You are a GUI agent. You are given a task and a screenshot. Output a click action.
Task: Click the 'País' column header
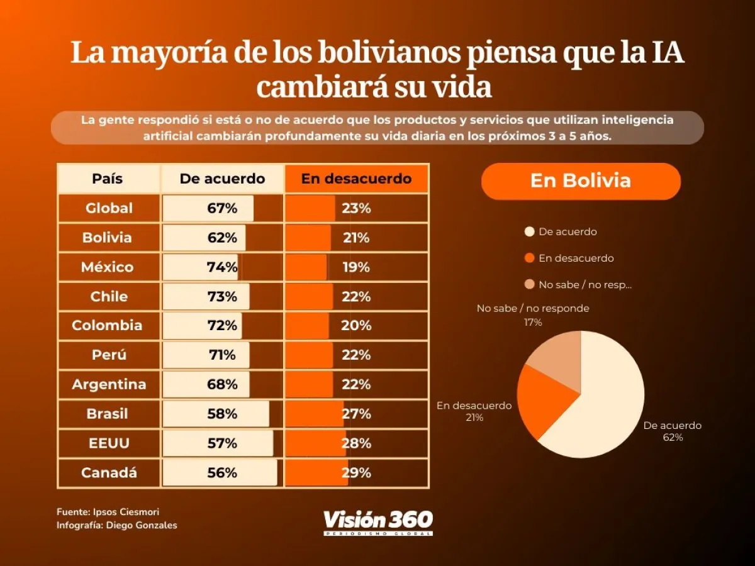click(x=108, y=179)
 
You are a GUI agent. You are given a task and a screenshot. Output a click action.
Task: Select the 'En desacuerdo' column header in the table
click(x=356, y=179)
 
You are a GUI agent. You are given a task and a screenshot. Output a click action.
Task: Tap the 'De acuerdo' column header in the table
click(x=222, y=179)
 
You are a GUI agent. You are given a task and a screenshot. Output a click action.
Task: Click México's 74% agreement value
click(x=222, y=267)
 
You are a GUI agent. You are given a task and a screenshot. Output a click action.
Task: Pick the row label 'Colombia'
click(x=108, y=326)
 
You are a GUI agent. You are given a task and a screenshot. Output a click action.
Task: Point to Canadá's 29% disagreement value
click(x=356, y=473)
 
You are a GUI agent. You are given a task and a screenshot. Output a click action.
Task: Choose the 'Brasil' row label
click(x=108, y=414)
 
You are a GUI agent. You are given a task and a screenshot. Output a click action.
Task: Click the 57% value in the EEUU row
click(x=222, y=443)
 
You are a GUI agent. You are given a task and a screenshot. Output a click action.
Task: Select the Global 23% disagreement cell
click(x=356, y=208)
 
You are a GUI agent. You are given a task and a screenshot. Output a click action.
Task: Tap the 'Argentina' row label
click(x=109, y=384)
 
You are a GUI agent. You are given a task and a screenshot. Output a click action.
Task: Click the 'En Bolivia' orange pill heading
click(x=581, y=181)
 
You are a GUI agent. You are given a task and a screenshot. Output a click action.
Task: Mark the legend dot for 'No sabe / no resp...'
click(x=529, y=284)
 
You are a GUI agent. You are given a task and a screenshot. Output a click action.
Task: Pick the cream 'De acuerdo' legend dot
click(x=529, y=231)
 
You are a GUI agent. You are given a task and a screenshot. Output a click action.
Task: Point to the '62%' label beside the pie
click(x=673, y=438)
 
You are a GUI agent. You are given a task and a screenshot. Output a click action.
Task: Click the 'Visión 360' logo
click(x=378, y=522)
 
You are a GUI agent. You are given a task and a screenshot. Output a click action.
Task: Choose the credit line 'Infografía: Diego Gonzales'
click(x=117, y=526)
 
